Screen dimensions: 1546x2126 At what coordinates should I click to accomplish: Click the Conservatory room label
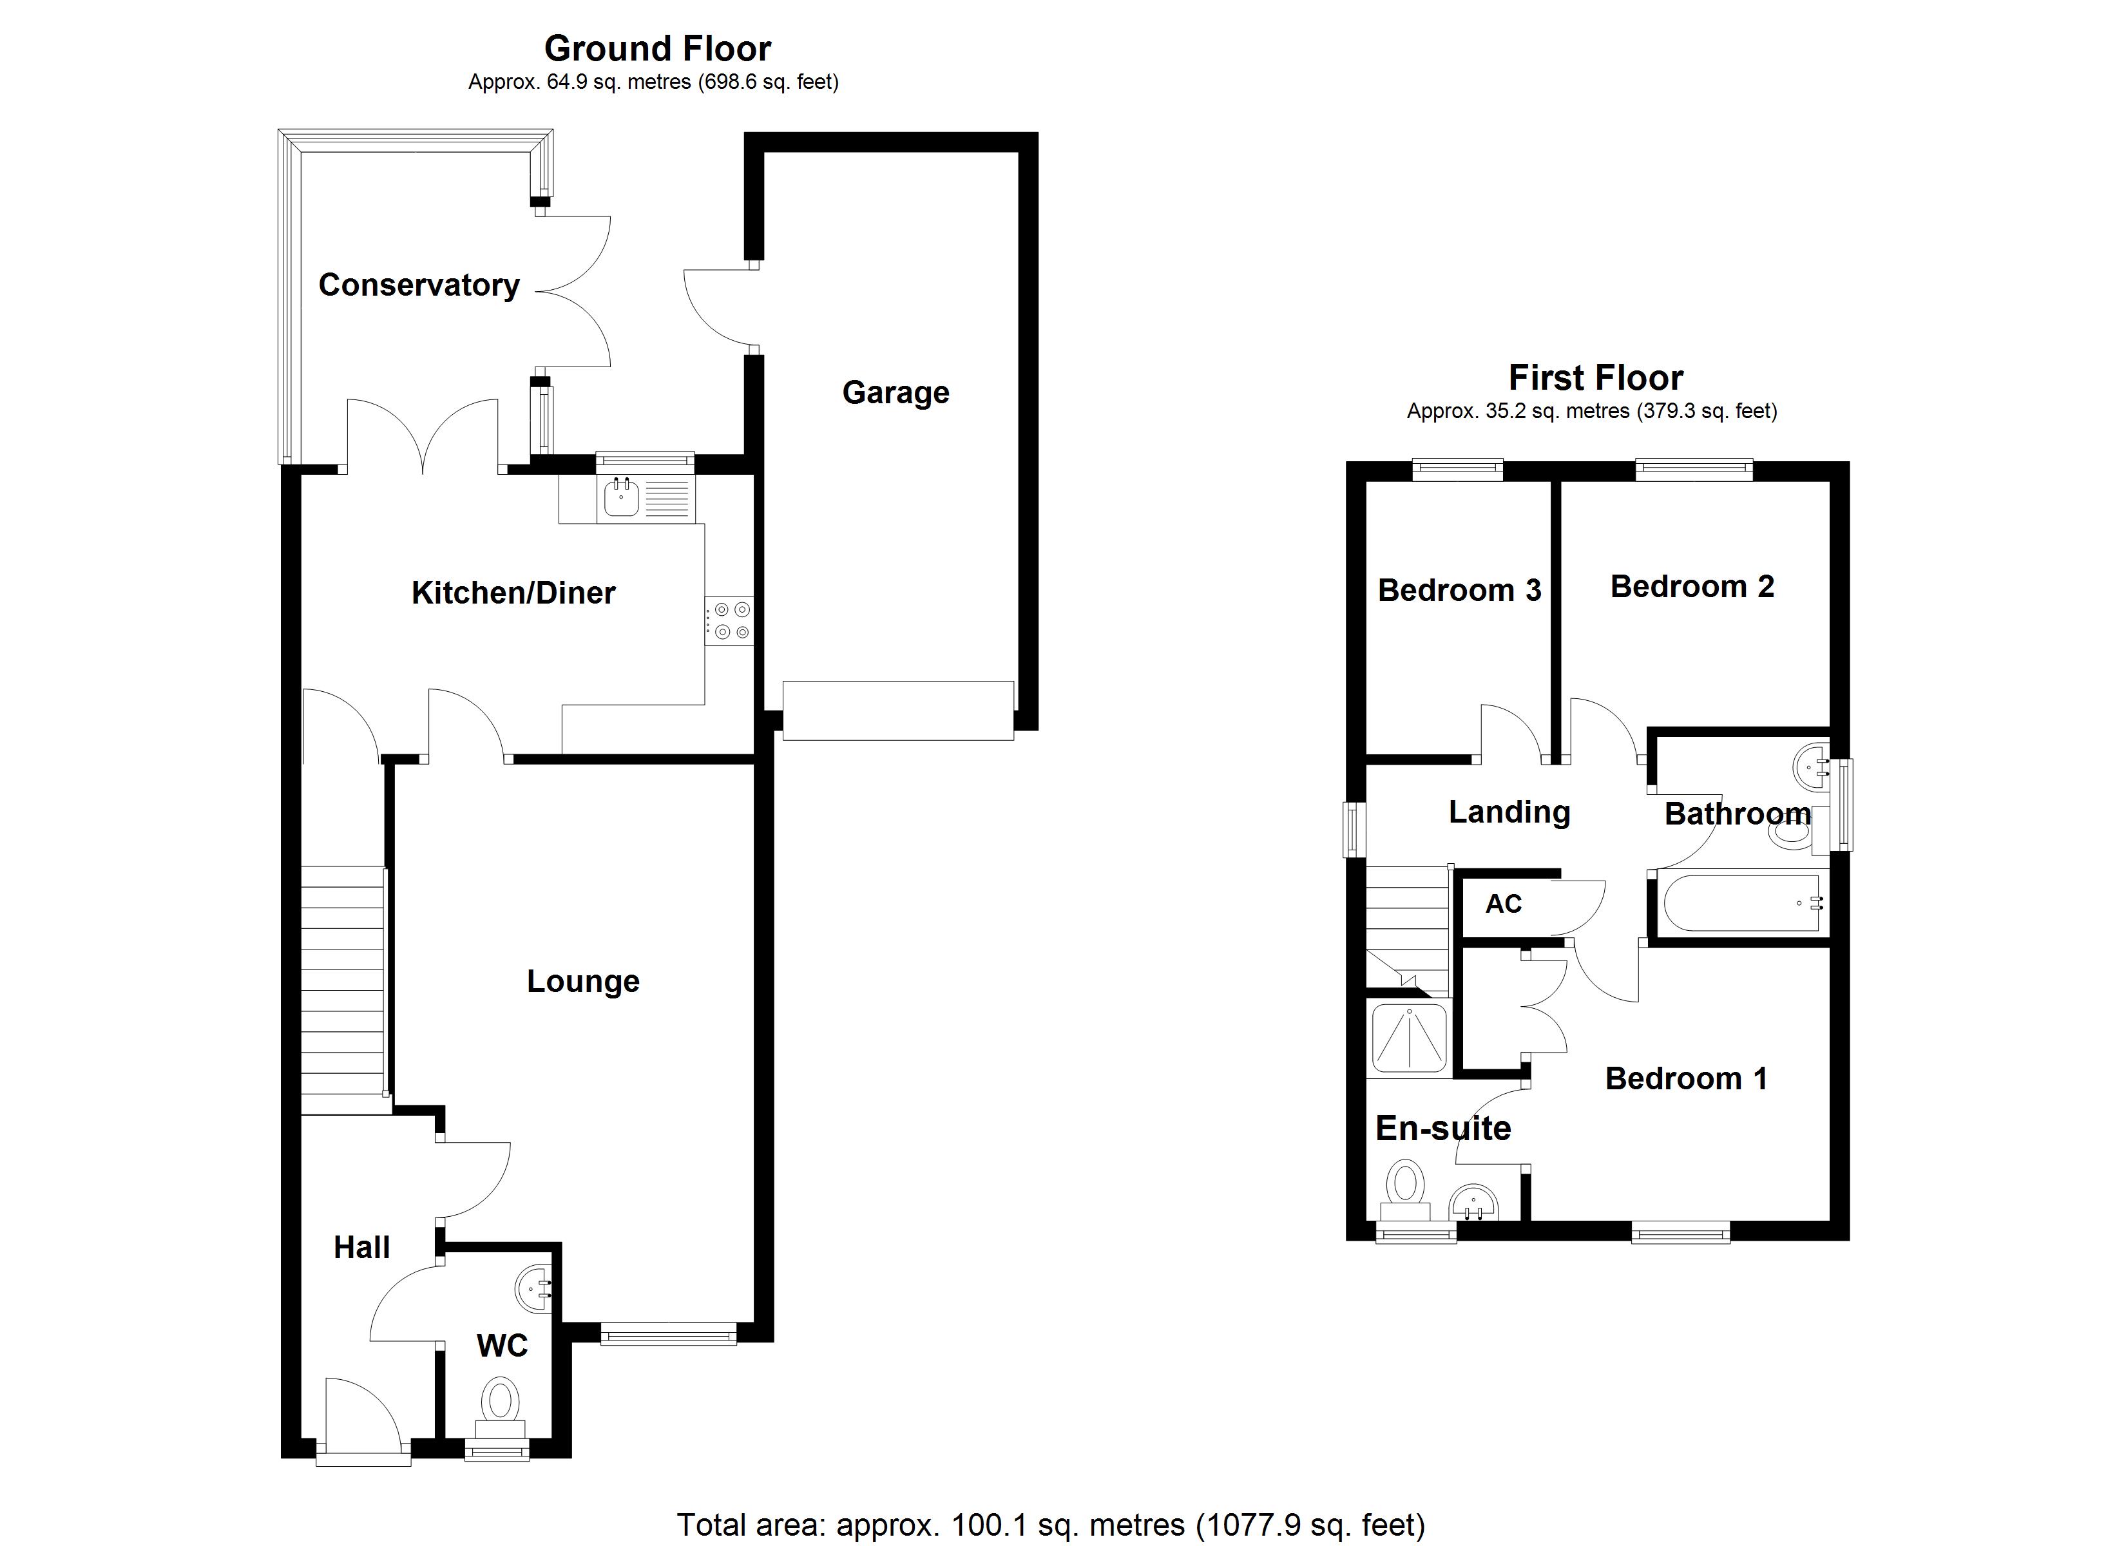coord(419,285)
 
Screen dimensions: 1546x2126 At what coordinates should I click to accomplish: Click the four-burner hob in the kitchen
coord(730,620)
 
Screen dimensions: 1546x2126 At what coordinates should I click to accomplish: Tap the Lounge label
coord(583,982)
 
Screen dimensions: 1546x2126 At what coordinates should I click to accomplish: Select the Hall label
coord(362,1248)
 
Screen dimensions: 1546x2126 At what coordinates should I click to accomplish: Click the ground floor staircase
coord(343,989)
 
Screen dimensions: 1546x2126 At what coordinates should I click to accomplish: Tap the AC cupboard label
coord(1504,904)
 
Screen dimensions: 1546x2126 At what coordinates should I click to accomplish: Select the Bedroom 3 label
coord(1459,591)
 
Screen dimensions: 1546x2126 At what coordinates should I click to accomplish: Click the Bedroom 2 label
coord(1692,587)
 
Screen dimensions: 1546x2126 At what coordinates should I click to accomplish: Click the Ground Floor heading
coord(657,49)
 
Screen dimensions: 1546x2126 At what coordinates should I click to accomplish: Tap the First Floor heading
coord(1595,378)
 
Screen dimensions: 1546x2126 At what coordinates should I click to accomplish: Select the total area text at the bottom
coord(1050,1525)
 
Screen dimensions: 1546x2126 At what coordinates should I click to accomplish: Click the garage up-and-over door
coord(898,711)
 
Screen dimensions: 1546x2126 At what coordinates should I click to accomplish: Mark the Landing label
coord(1509,812)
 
